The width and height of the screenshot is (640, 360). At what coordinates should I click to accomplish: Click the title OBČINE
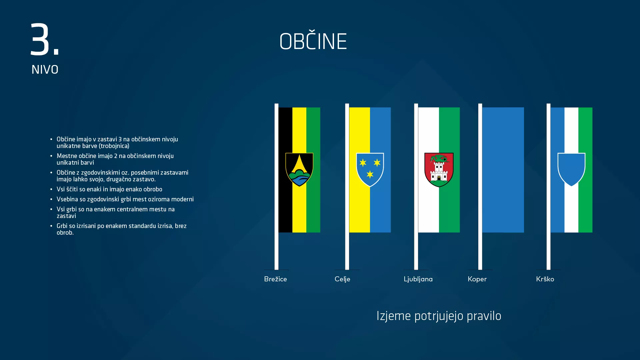(313, 42)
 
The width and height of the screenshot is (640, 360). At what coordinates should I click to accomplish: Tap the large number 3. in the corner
(44, 39)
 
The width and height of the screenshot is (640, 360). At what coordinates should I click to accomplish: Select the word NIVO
(45, 70)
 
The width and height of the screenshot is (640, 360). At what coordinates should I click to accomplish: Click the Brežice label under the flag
(275, 279)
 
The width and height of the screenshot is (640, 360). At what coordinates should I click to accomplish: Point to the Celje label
(342, 279)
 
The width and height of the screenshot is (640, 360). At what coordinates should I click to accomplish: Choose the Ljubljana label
(418, 279)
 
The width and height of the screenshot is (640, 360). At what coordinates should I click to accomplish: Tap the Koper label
(477, 279)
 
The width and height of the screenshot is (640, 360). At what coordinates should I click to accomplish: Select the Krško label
(545, 279)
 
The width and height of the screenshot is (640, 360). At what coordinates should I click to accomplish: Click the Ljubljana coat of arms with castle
(439, 170)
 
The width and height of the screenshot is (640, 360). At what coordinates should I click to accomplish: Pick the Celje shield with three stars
(370, 169)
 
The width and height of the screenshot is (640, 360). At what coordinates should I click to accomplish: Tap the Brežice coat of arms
(299, 169)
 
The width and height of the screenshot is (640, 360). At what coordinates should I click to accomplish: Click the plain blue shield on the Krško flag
(571, 169)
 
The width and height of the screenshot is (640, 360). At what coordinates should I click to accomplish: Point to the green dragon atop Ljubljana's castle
(439, 158)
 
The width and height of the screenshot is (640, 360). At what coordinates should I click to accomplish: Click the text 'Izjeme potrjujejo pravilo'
(439, 316)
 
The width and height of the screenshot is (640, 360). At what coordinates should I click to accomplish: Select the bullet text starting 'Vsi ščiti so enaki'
(109, 189)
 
